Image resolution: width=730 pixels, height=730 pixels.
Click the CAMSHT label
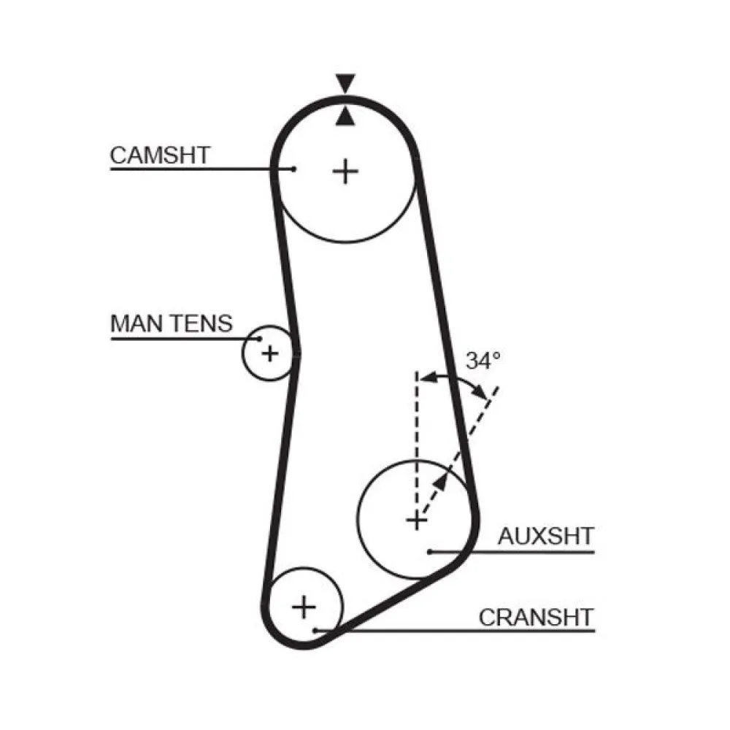pos(160,155)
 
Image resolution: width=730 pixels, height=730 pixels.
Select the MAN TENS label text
pos(172,323)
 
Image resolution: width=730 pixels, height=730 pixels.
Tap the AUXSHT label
pos(546,537)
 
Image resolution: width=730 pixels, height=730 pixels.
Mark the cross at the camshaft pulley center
pos(346,172)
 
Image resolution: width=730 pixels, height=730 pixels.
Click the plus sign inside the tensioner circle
pos(270,354)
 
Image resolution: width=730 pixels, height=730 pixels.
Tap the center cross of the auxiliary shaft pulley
pos(416,520)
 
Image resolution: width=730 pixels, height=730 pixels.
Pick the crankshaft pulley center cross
pos(303,607)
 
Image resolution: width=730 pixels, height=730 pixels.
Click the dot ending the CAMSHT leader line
pos(293,169)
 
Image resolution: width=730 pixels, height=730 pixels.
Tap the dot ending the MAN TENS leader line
pos(259,339)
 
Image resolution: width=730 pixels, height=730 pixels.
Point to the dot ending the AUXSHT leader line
pos(431,552)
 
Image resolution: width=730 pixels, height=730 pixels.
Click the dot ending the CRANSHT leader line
pos(315,630)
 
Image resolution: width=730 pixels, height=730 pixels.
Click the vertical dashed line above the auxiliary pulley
pos(416,423)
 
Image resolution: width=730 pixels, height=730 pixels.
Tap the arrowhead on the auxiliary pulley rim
pos(441,480)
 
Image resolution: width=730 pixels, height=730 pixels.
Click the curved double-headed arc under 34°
pos(456,380)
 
